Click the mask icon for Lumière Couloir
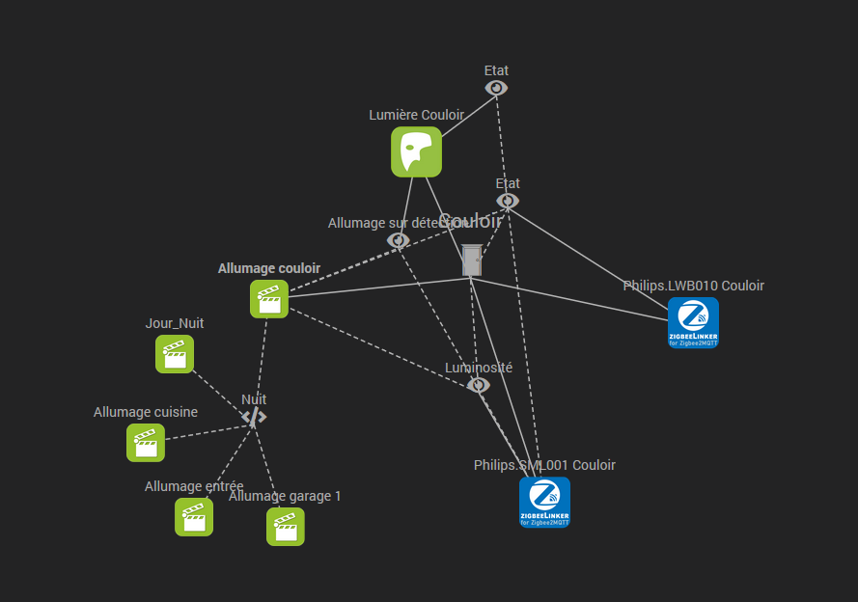[x=416, y=152]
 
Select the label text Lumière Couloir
[x=416, y=115]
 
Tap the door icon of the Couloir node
[x=471, y=260]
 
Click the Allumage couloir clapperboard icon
[x=269, y=299]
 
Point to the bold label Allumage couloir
[x=269, y=268]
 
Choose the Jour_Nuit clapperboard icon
[x=175, y=354]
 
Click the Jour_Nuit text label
[x=175, y=323]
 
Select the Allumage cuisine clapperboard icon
[x=146, y=443]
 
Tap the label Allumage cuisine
[x=146, y=412]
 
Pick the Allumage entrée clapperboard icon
[x=194, y=517]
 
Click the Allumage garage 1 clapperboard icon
[x=286, y=527]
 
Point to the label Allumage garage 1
[x=285, y=496]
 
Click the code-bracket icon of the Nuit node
[x=254, y=417]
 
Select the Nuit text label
[x=254, y=398]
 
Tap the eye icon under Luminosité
[x=479, y=385]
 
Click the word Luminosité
[x=479, y=368]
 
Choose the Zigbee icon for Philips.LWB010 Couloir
[x=693, y=322]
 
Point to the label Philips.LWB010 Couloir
[x=693, y=286]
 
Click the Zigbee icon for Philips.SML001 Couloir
[x=544, y=502]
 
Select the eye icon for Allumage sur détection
[x=398, y=240]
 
